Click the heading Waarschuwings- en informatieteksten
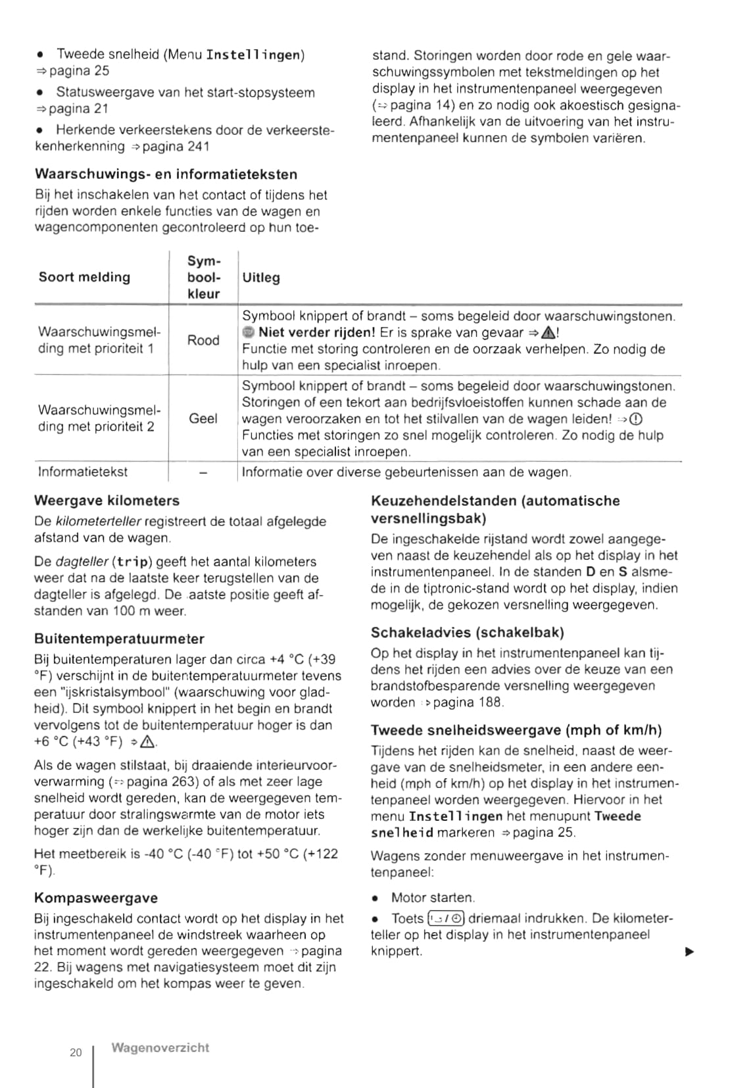[x=166, y=174]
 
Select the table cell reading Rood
[x=203, y=340]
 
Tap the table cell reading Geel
[x=203, y=418]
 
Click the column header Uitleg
[x=261, y=278]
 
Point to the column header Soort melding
[x=84, y=277]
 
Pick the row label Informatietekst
[x=83, y=472]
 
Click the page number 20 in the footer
[x=76, y=1052]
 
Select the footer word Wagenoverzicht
[x=160, y=1048]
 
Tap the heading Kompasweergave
[x=96, y=898]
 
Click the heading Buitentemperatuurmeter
[x=119, y=639]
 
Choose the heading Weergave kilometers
[x=107, y=501]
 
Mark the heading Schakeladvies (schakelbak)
[x=468, y=633]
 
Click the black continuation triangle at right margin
[x=689, y=952]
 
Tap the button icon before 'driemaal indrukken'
[x=446, y=918]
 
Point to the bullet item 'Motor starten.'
[x=433, y=898]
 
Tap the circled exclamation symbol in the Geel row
[x=636, y=420]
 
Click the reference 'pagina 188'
[x=468, y=703]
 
